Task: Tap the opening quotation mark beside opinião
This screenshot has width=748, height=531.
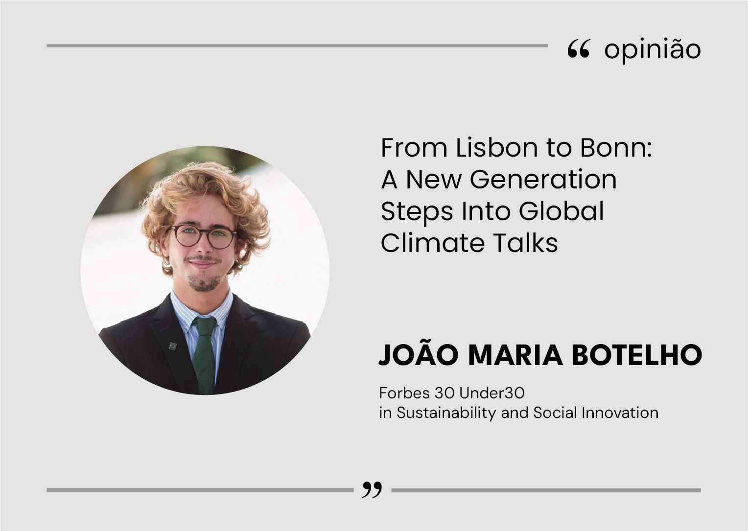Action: point(579,49)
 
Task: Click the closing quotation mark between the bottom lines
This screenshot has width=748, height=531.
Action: point(372,489)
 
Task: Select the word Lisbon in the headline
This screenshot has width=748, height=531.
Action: point(497,147)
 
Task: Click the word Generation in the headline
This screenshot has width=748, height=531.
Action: point(543,180)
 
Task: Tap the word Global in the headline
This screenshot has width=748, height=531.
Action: point(561,211)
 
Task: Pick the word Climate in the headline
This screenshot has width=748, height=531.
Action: point(433,243)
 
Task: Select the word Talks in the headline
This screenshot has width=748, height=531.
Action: point(525,243)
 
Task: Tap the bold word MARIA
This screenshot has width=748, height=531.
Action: point(515,355)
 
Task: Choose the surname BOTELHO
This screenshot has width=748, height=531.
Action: point(637,355)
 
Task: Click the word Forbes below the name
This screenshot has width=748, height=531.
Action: point(404,393)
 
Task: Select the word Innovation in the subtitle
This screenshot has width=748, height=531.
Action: point(620,413)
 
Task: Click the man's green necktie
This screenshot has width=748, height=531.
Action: point(204,355)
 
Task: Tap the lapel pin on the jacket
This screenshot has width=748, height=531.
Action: point(173,346)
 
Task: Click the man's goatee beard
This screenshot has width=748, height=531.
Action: point(204,283)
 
